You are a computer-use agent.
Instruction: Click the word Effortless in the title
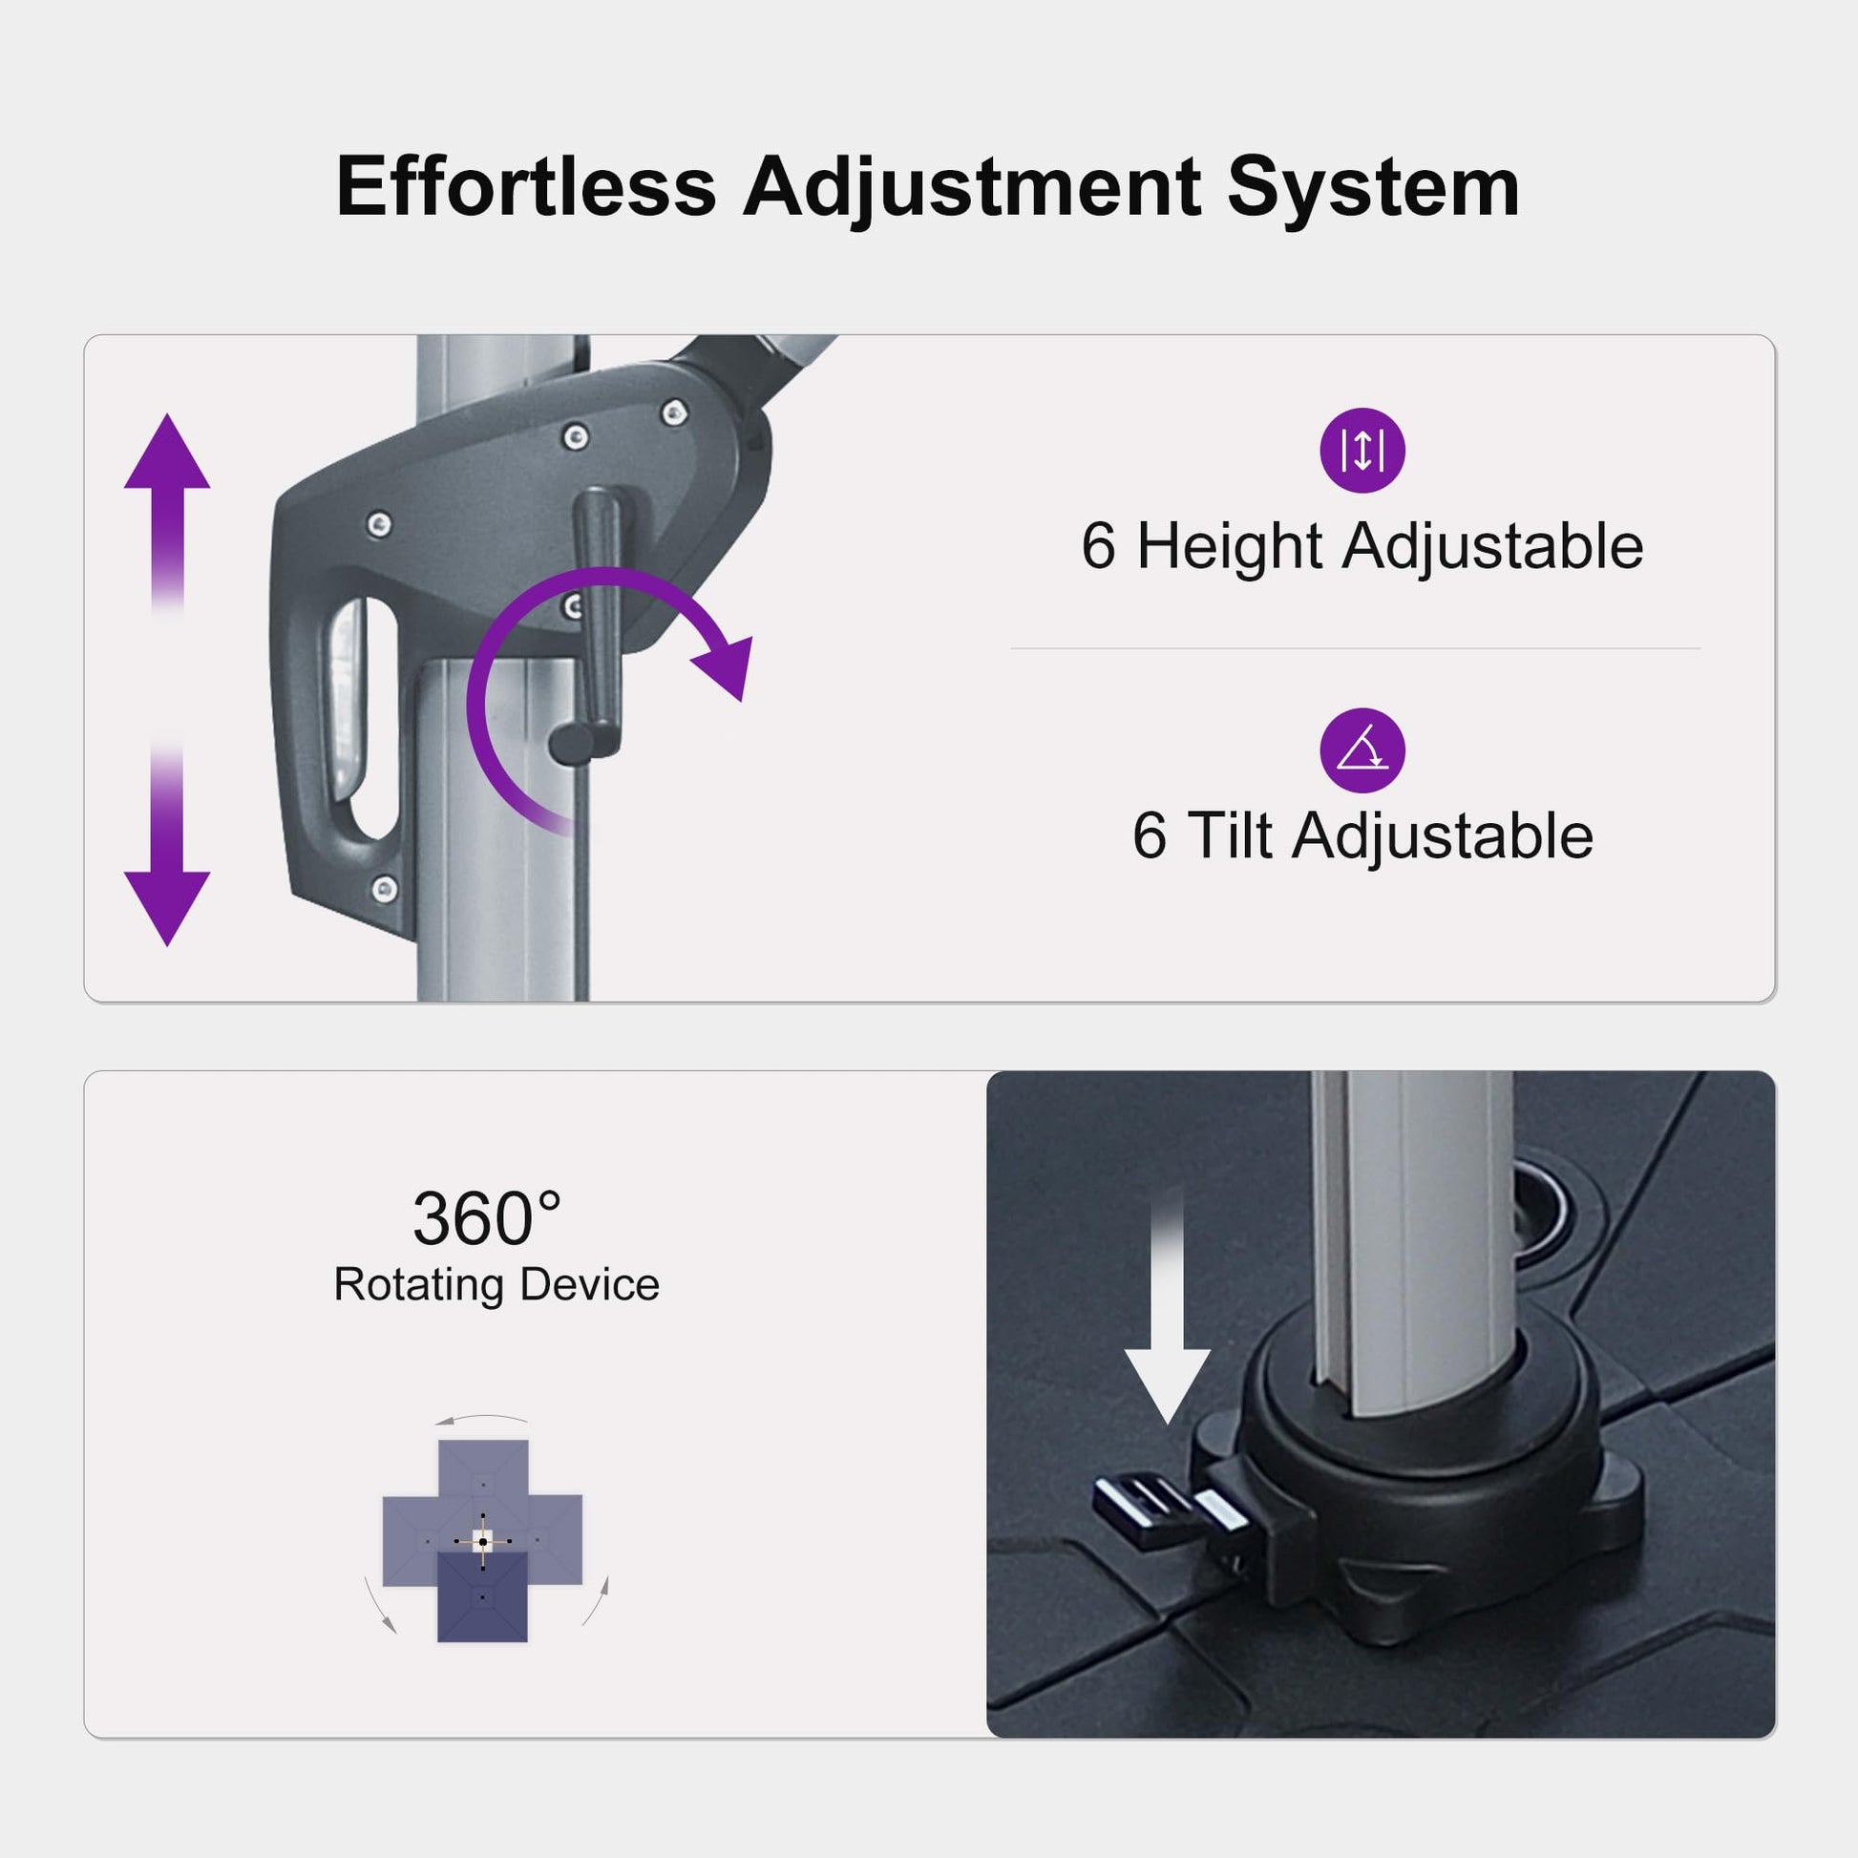[x=526, y=186]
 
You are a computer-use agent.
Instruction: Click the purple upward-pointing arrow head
[x=167, y=451]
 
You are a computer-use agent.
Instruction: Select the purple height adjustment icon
[x=1362, y=451]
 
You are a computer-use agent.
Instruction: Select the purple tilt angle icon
[x=1362, y=751]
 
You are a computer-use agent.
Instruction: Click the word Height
[x=1230, y=547]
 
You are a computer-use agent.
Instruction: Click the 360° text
[x=488, y=1218]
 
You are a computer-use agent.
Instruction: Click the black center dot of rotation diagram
[x=483, y=1542]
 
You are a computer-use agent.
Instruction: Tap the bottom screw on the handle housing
[x=385, y=888]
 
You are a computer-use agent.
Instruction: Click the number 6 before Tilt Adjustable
[x=1150, y=834]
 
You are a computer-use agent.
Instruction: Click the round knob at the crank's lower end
[x=571, y=743]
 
